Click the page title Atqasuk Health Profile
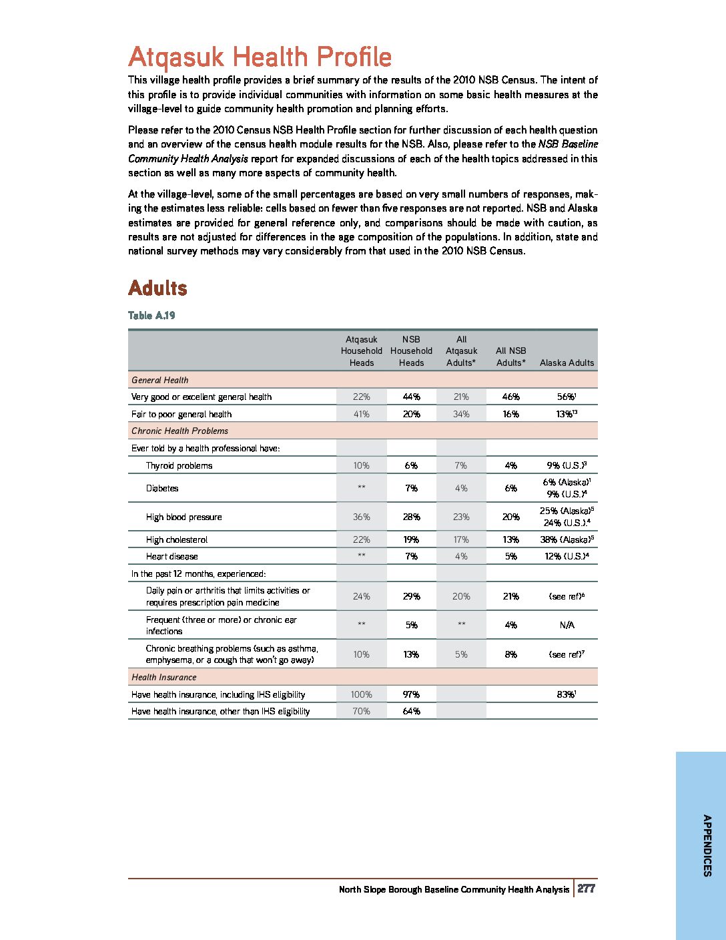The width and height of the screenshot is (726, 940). (260, 57)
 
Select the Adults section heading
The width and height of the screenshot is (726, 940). (157, 288)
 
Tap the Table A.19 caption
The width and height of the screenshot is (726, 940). (151, 315)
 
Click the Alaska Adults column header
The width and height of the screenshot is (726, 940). (567, 363)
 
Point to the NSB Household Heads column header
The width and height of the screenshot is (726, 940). (411, 350)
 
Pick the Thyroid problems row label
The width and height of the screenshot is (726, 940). (179, 465)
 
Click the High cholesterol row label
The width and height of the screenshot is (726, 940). (177, 539)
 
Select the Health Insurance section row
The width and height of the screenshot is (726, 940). (164, 677)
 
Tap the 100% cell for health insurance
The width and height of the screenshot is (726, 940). (361, 694)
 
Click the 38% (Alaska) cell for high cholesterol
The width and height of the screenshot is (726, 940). (567, 539)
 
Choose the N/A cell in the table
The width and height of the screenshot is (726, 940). (567, 625)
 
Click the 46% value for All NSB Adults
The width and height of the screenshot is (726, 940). (510, 397)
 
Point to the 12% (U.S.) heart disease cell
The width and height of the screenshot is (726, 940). (567, 556)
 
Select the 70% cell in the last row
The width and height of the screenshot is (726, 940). (361, 711)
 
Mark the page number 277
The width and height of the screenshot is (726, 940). (587, 889)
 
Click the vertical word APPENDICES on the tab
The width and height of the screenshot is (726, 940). (707, 845)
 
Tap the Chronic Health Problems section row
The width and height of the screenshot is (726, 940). (179, 431)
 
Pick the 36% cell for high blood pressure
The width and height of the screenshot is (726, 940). (361, 517)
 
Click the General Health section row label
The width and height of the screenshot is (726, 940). (160, 380)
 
